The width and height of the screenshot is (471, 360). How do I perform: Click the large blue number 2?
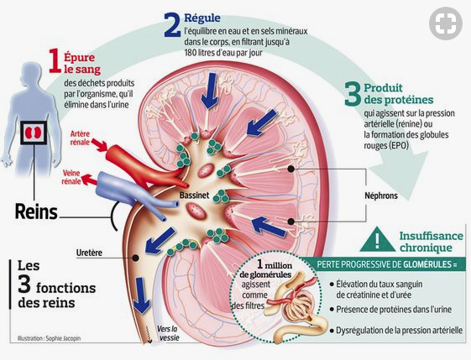tap(172, 25)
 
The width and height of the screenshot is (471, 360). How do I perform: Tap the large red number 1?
tap(55, 60)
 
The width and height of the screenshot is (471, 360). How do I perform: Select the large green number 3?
tap(353, 94)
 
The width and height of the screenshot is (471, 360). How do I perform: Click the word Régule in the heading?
tap(202, 18)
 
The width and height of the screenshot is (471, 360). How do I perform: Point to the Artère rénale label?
tap(80, 138)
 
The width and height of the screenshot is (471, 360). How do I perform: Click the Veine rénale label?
tap(71, 177)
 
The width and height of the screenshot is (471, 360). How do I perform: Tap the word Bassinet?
tap(194, 196)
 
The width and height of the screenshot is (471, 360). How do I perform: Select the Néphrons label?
tap(381, 196)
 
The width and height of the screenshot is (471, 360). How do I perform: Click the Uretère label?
tap(89, 253)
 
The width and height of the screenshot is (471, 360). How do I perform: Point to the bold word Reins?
tap(36, 211)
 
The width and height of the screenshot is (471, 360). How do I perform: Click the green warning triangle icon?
tap(377, 239)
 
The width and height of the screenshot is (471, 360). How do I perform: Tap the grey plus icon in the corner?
tap(446, 23)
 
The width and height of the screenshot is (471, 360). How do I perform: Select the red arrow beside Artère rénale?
tap(99, 144)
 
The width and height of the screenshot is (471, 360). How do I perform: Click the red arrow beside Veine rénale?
tap(90, 180)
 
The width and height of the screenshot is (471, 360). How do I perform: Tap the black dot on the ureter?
tap(136, 258)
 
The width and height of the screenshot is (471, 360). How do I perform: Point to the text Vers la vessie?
tap(168, 333)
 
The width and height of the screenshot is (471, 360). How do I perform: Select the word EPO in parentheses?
tap(399, 146)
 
